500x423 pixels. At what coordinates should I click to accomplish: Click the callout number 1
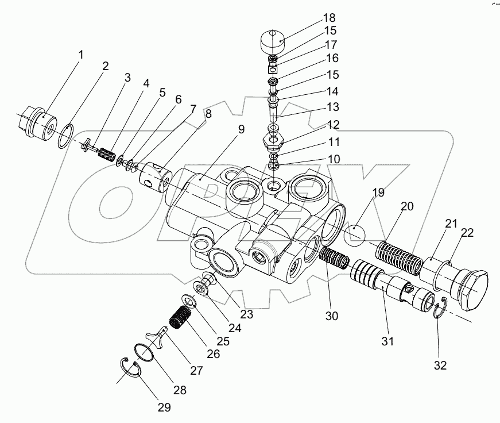(x=80, y=55)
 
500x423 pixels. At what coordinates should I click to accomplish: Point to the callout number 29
(x=164, y=407)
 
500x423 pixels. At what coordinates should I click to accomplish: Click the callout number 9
(x=242, y=129)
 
